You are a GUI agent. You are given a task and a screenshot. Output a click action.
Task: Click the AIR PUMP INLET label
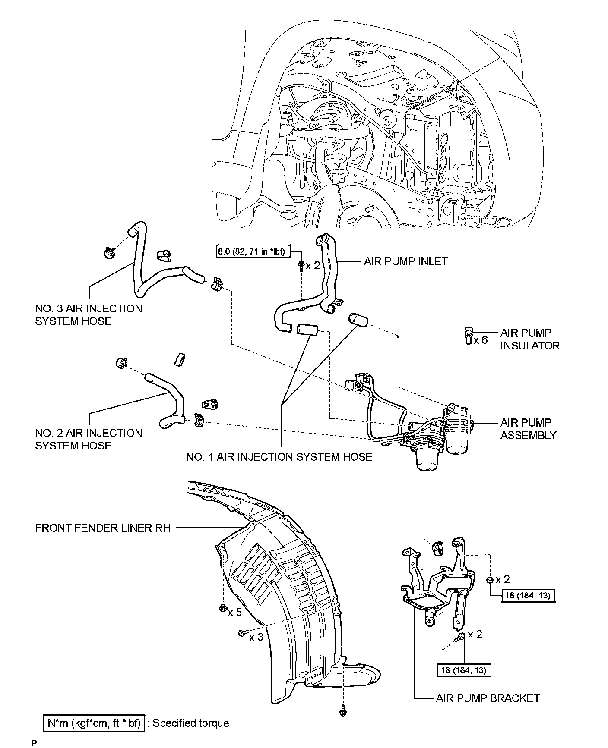(x=405, y=261)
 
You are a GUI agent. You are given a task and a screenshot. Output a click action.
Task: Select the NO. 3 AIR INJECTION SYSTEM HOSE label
(x=89, y=314)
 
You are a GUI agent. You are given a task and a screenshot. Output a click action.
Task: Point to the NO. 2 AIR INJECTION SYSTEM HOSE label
(x=89, y=439)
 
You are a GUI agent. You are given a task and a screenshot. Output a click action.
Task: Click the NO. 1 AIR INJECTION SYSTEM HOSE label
(x=279, y=457)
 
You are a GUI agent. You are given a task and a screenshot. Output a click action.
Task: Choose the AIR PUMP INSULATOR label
(x=530, y=339)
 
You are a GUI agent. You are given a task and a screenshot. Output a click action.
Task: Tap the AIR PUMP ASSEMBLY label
(x=528, y=429)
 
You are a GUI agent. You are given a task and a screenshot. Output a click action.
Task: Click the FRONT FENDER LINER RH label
(x=103, y=528)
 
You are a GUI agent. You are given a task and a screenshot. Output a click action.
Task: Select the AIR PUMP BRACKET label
(x=488, y=698)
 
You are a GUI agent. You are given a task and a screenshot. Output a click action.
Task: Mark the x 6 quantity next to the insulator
(x=480, y=340)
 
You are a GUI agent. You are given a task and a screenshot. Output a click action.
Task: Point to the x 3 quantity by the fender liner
(x=256, y=637)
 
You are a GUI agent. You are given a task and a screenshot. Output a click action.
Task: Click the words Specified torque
(x=190, y=723)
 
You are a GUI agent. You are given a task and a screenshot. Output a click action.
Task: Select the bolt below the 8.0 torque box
(x=301, y=266)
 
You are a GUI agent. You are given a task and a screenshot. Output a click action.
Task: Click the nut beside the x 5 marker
(x=222, y=609)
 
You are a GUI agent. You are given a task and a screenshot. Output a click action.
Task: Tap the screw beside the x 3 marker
(x=242, y=633)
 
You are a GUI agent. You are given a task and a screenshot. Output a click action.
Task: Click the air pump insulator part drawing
(x=468, y=335)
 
